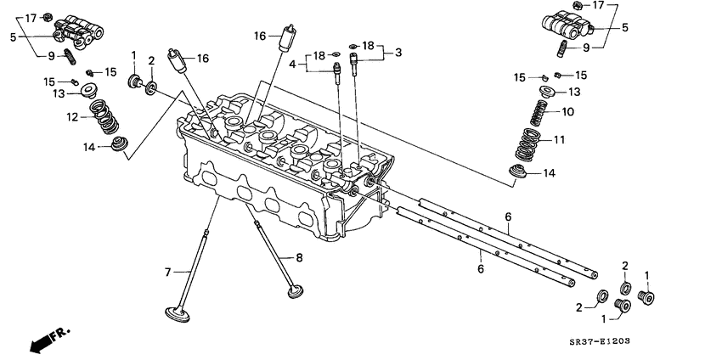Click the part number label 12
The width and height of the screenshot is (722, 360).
pyautogui.click(x=73, y=116)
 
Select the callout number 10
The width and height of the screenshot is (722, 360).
pyautogui.click(x=568, y=111)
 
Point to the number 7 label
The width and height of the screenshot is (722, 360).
pyautogui.click(x=169, y=272)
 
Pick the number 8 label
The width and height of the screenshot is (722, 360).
pyautogui.click(x=298, y=256)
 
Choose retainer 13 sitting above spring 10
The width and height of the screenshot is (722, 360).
pyautogui.click(x=548, y=92)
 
